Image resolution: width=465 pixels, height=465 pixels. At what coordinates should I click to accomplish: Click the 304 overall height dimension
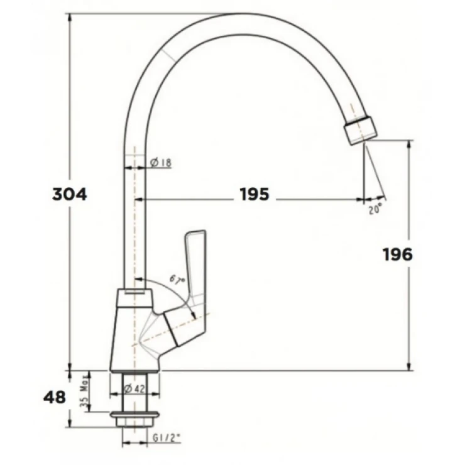tap(69, 194)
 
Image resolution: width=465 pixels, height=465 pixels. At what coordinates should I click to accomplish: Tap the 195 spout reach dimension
tap(254, 195)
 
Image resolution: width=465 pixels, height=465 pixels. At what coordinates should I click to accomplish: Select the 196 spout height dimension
tap(397, 254)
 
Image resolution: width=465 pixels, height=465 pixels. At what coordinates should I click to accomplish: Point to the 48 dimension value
tap(54, 398)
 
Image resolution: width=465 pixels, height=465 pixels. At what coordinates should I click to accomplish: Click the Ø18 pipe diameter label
tap(161, 163)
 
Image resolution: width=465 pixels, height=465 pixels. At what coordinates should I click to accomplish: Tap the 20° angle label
tap(375, 211)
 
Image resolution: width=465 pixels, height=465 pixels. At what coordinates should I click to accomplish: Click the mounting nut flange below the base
tap(134, 415)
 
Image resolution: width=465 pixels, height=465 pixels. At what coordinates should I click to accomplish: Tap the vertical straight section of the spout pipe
tap(134, 220)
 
